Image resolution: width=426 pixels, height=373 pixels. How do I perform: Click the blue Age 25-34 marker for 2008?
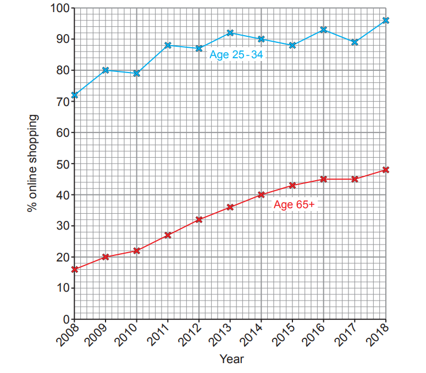74,95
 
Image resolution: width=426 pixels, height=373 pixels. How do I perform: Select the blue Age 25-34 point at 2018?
386,20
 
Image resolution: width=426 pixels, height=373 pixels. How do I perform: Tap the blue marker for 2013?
230,33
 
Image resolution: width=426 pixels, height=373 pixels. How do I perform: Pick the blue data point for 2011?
168,46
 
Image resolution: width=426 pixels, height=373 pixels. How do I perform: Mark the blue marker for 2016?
324,30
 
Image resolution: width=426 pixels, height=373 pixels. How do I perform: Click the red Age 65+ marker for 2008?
74,269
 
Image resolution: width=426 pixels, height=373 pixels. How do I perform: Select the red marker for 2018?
386,170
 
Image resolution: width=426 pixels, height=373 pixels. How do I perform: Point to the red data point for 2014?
261,194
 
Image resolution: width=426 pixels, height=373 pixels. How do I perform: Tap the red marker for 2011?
168,235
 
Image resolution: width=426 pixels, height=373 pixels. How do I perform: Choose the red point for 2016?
324,179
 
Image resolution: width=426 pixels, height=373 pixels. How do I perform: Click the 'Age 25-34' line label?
236,55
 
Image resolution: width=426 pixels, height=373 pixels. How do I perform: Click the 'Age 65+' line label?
294,205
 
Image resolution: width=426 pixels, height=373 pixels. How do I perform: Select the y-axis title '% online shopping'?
34,164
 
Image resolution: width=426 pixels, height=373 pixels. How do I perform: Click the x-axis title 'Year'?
231,359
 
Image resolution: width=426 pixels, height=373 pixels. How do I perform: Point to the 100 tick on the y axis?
59,9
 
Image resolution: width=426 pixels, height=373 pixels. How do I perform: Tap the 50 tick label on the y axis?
62,164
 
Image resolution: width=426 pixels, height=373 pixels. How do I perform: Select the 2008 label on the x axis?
67,335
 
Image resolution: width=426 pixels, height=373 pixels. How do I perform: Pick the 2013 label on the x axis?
223,335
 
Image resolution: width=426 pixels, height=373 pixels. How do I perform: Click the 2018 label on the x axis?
378,335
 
